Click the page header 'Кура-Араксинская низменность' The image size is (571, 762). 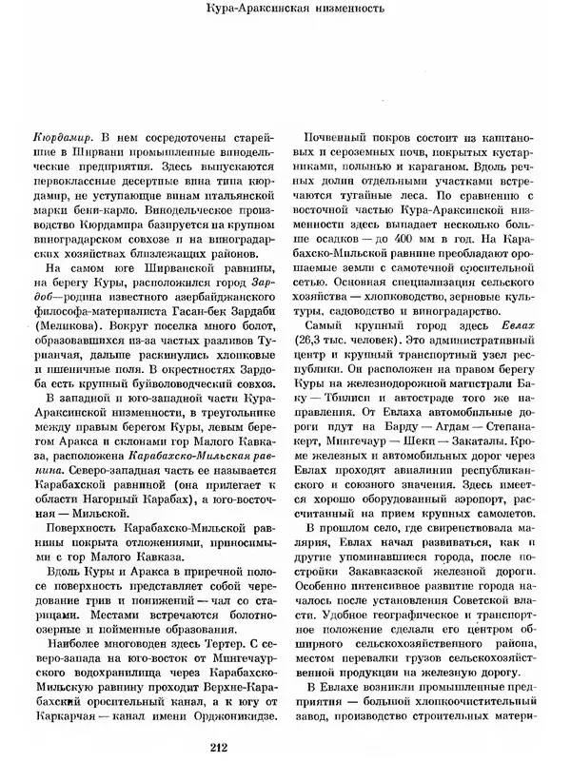(x=285, y=12)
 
